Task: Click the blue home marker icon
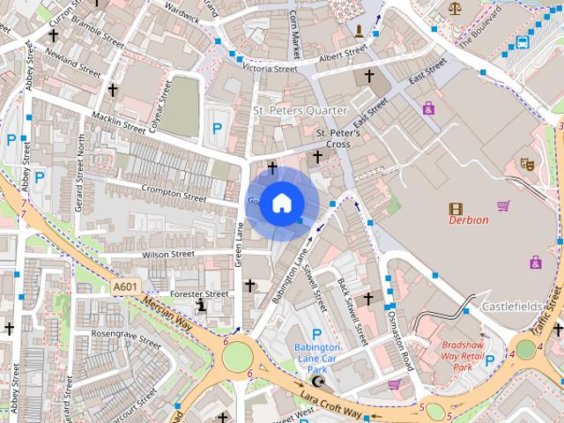[281, 203]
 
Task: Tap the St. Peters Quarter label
[301, 111]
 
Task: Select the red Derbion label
[468, 220]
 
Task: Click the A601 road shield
[125, 286]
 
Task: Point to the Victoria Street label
[270, 68]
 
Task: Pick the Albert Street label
[342, 56]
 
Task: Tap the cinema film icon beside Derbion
[456, 209]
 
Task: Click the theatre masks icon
[528, 163]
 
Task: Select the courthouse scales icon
[455, 8]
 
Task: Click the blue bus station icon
[523, 41]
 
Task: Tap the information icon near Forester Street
[202, 305]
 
